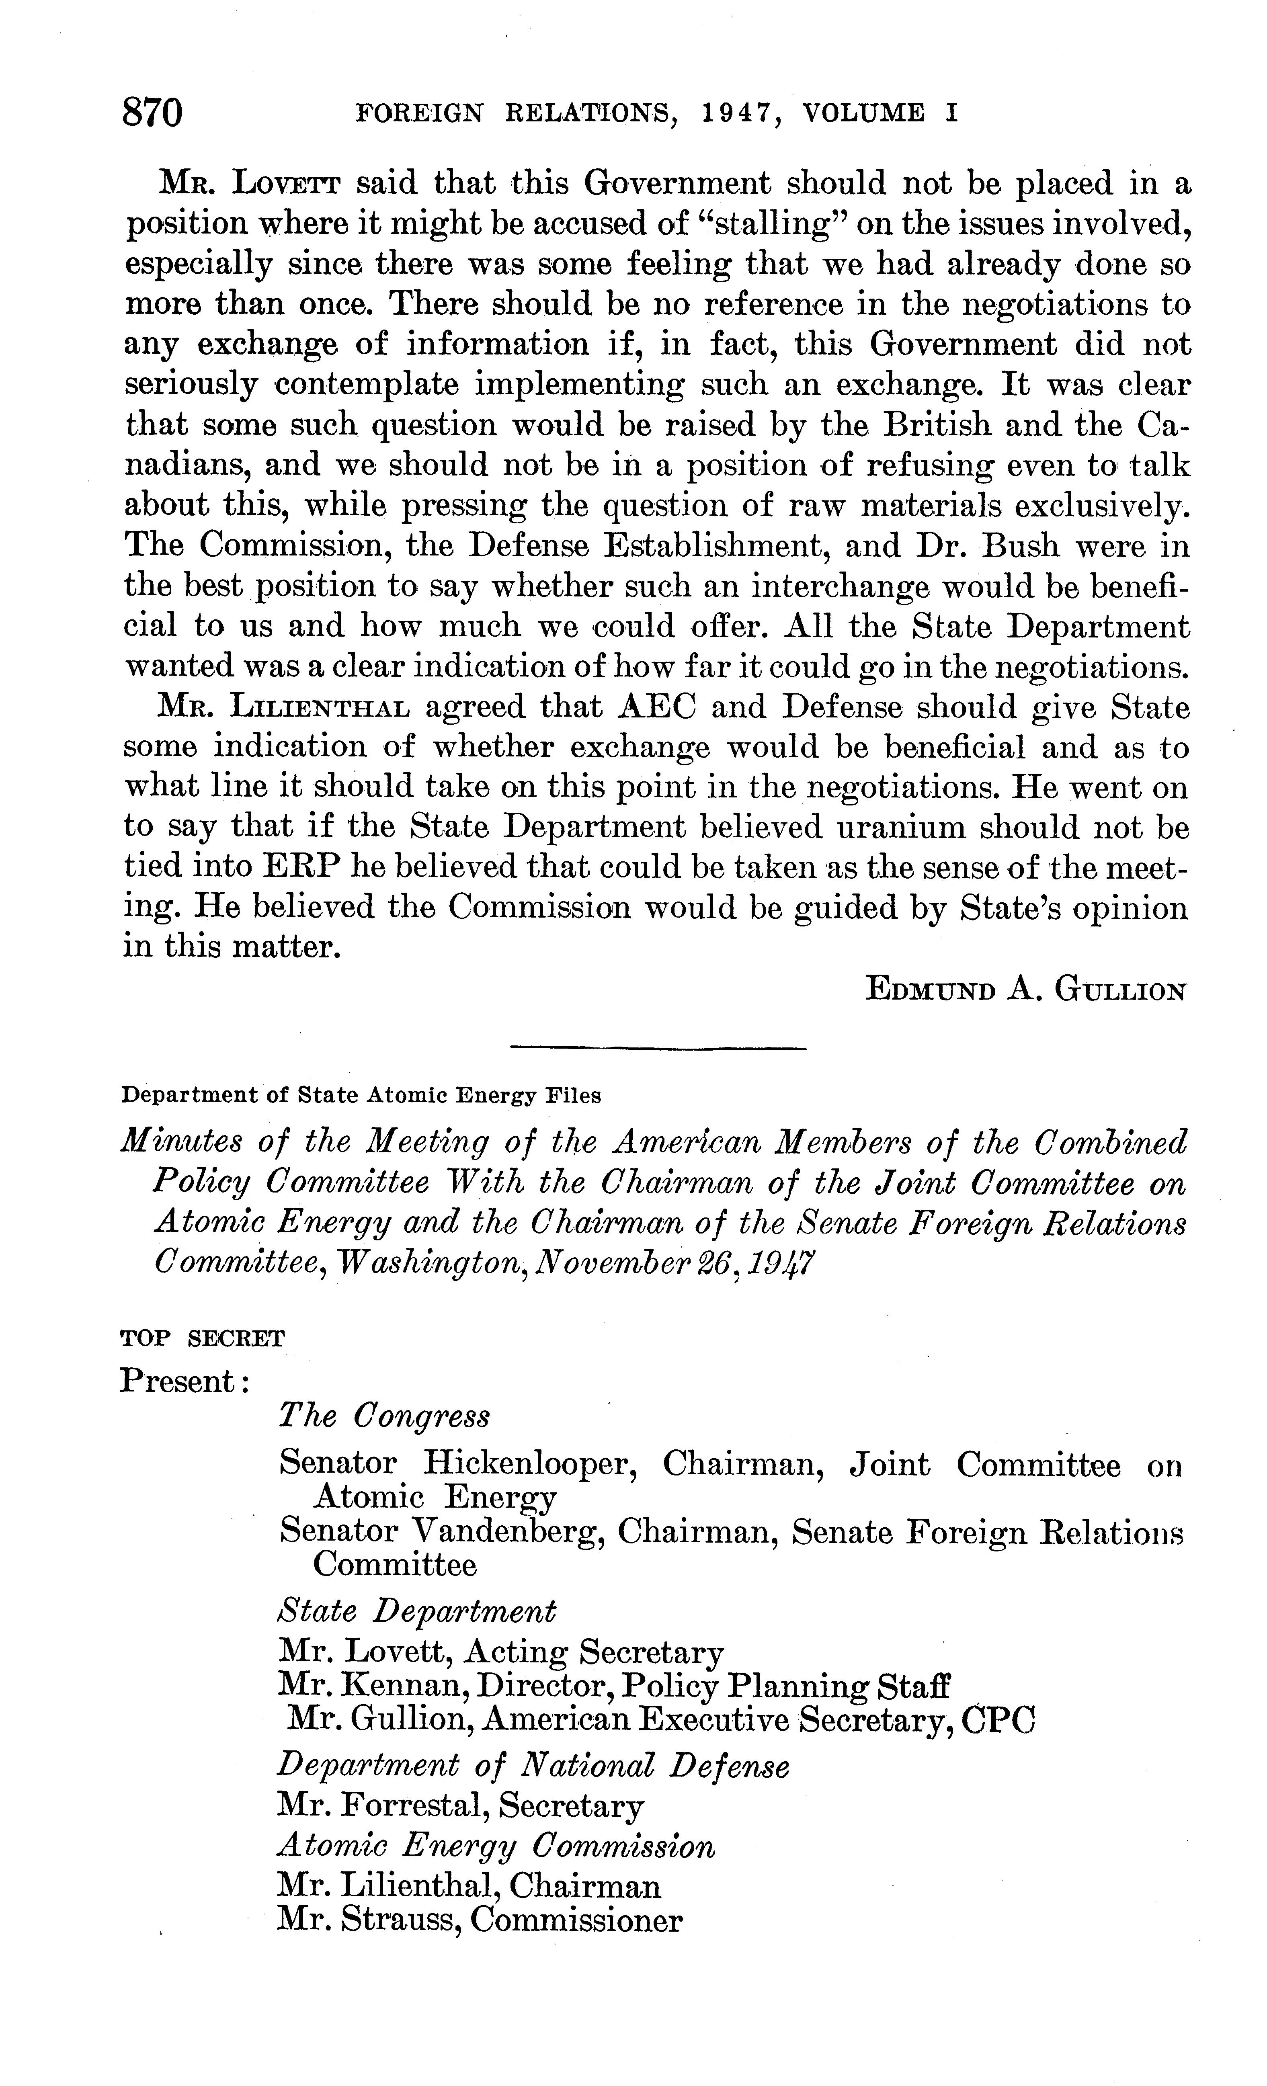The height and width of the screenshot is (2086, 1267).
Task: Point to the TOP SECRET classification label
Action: [203, 1338]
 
